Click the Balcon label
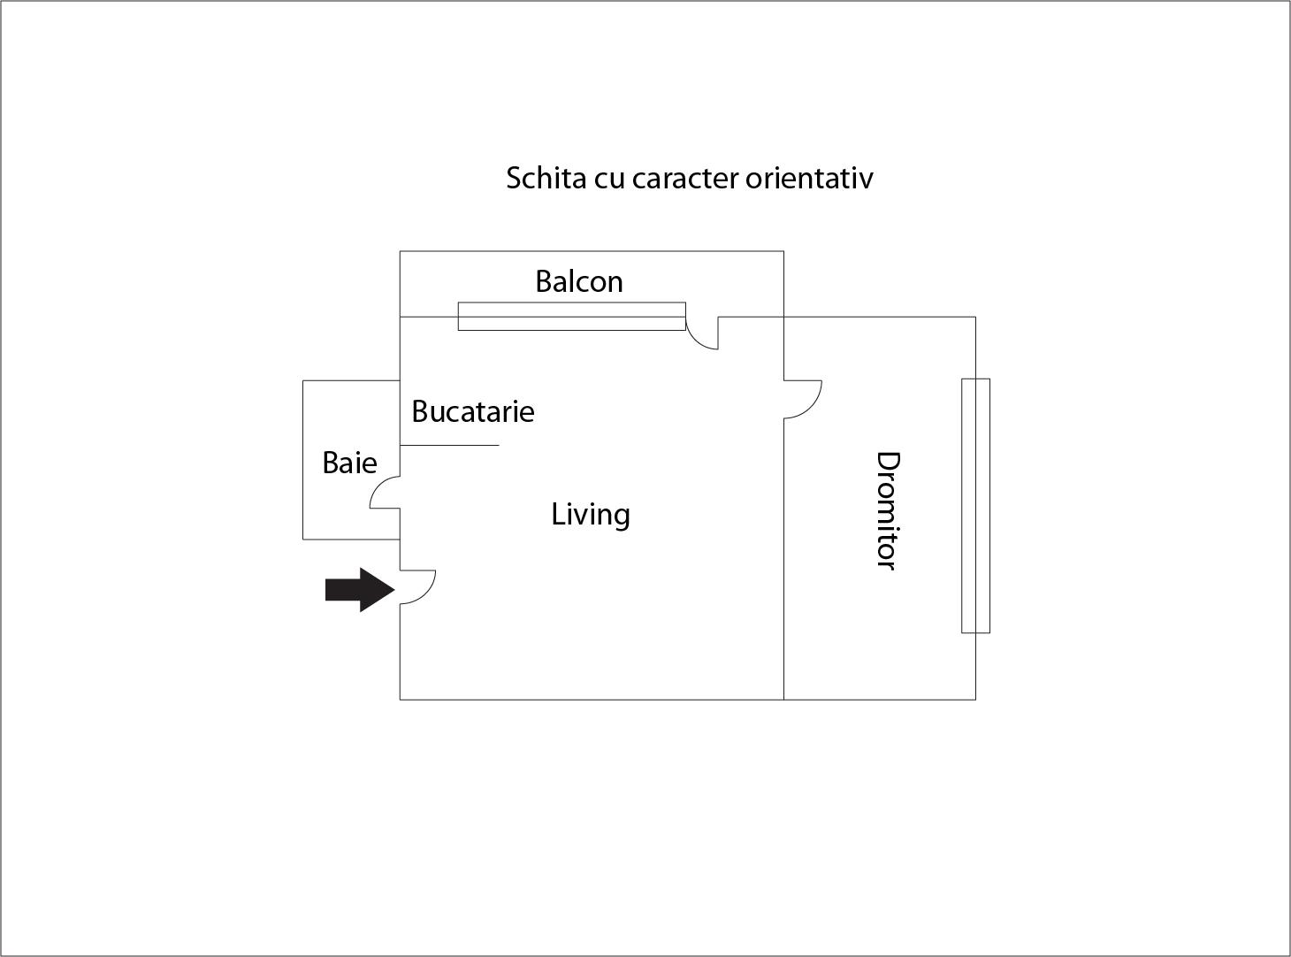coord(579,282)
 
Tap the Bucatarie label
coord(472,412)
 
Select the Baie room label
coord(350,463)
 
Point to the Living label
coord(590,516)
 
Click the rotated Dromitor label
coord(889,511)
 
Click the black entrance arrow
coord(360,589)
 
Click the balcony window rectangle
coord(571,317)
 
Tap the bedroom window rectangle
coord(975,506)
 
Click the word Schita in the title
coord(546,178)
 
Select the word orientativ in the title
coord(809,178)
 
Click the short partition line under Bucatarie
coord(449,445)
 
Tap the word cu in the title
coord(609,180)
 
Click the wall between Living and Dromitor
coord(783,559)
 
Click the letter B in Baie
coord(330,463)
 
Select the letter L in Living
coord(558,515)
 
